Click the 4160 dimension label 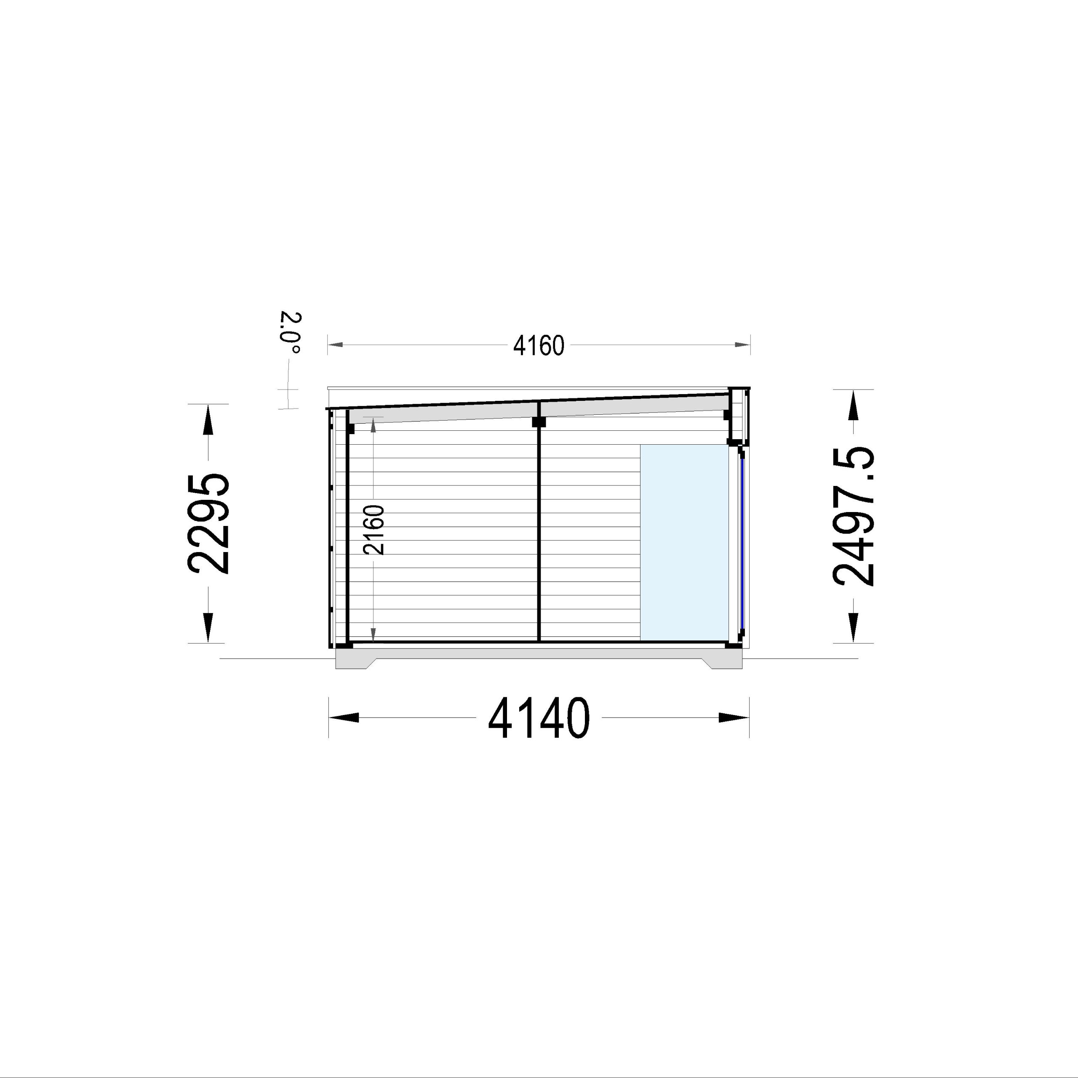(x=539, y=347)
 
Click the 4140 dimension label (x=539, y=718)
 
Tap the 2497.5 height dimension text (x=853, y=516)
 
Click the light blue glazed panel (x=684, y=542)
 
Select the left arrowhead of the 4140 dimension (x=344, y=718)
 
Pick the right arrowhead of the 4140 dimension (x=734, y=718)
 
